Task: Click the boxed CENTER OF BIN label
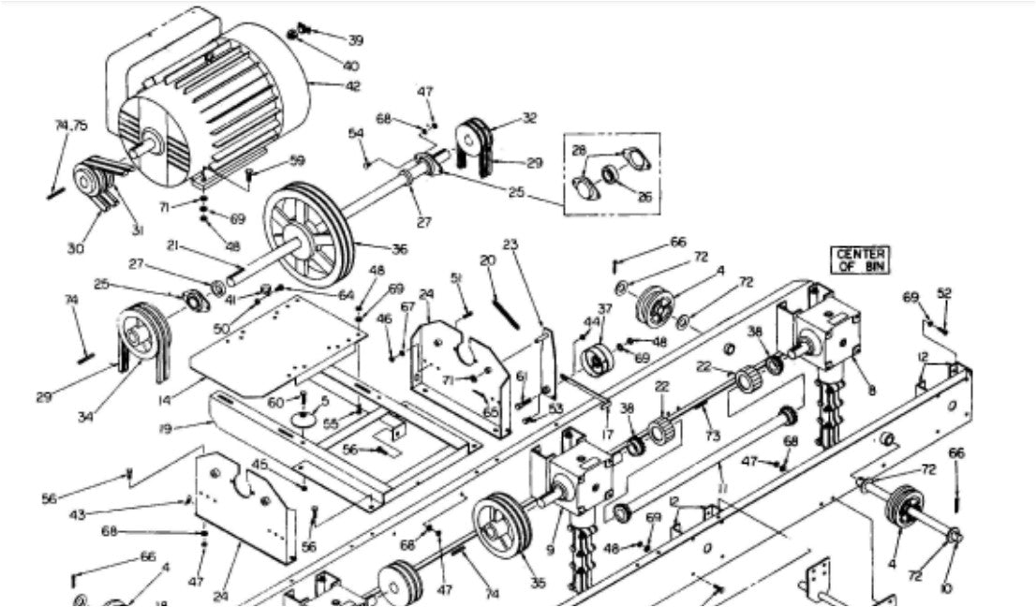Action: click(861, 259)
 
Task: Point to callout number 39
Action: click(356, 40)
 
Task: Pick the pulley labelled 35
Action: click(503, 528)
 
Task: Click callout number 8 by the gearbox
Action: click(872, 391)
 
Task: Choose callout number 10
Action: click(947, 587)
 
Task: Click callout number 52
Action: click(944, 293)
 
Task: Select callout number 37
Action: click(605, 310)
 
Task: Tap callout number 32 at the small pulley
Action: click(530, 118)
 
